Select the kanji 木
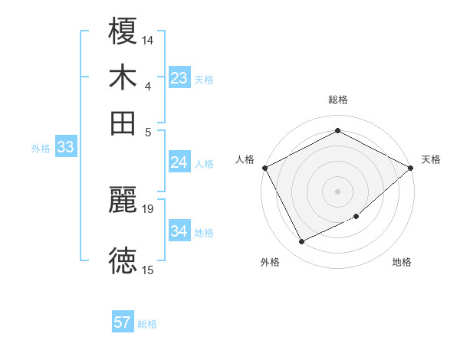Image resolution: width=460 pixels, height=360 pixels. point(123,77)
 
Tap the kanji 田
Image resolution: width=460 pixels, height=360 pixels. point(123,122)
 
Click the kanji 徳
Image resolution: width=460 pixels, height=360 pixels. point(123,261)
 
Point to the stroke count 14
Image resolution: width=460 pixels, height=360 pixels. point(148,38)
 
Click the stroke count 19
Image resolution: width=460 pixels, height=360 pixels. point(148,208)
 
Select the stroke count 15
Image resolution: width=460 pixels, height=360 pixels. point(148,270)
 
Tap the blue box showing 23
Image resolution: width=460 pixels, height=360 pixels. point(179,78)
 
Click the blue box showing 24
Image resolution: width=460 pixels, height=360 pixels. point(179,162)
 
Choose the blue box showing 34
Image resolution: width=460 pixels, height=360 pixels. point(179,231)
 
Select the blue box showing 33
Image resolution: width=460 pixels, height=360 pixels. point(65,148)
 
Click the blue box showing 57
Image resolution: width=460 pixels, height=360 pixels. point(123,322)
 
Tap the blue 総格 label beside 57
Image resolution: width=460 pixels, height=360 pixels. point(147,324)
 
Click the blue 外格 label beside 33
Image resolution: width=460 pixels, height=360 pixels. point(41,149)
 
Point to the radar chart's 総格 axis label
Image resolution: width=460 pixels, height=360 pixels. point(337,100)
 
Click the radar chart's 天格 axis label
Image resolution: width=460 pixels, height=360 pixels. point(431,159)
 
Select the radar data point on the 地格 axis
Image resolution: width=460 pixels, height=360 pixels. point(356,217)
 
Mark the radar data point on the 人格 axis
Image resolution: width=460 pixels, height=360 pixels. point(264,167)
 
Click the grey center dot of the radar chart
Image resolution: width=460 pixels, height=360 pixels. point(337,191)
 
